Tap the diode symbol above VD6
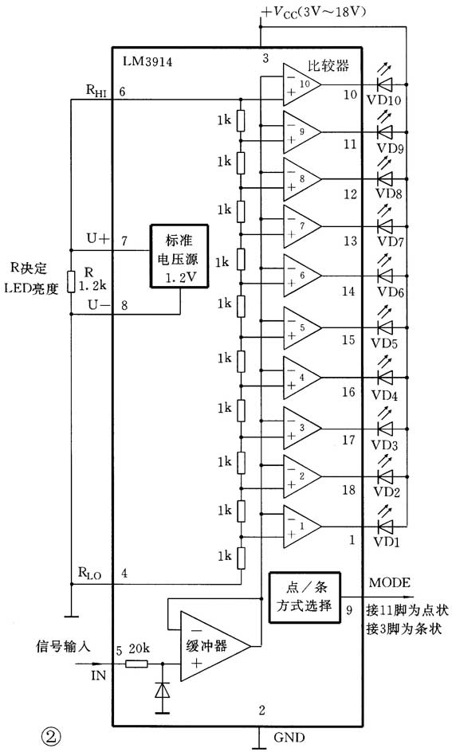click(387, 276)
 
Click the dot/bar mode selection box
click(304, 595)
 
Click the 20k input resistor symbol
click(137, 663)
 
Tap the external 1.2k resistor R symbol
click(71, 280)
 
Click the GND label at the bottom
click(289, 738)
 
